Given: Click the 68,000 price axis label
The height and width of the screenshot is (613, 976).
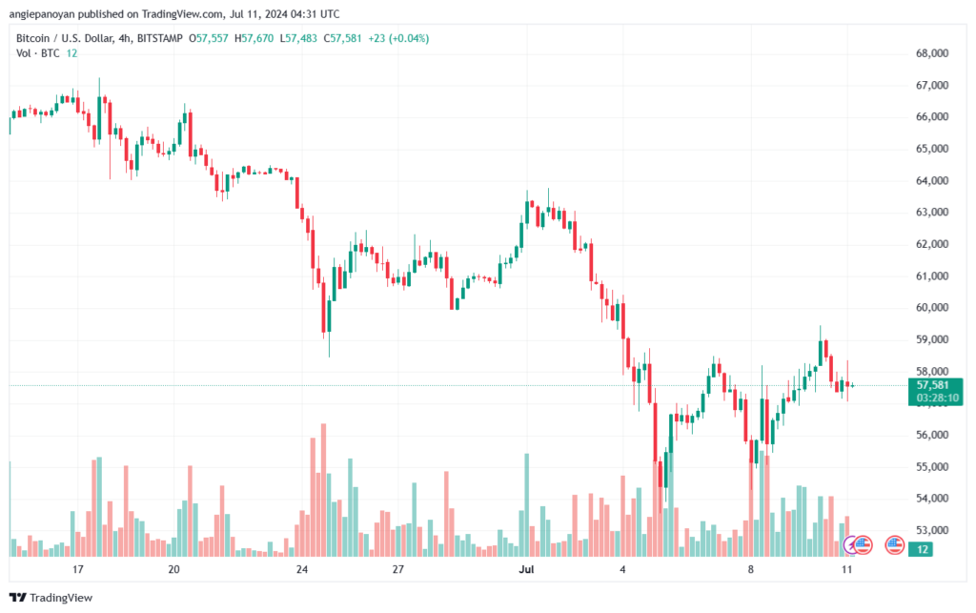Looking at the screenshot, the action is click(932, 53).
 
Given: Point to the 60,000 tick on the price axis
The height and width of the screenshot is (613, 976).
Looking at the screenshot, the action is click(932, 307).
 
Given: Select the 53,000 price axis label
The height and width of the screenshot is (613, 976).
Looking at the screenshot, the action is click(932, 530).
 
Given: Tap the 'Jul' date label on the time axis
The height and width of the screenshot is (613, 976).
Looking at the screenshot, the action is click(526, 569).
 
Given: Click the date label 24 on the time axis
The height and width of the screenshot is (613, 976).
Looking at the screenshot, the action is click(302, 569).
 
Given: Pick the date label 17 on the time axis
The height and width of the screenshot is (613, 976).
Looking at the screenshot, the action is click(78, 569).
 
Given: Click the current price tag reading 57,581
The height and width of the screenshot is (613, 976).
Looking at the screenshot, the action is click(932, 385).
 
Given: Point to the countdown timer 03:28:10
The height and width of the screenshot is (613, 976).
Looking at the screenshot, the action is click(938, 398).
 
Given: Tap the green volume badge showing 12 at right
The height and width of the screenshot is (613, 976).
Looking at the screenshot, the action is click(922, 549).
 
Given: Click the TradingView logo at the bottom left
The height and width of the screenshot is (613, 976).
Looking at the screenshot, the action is click(51, 598).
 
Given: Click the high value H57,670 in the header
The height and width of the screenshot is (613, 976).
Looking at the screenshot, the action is click(254, 38).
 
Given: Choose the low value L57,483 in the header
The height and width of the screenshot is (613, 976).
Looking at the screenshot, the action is click(298, 38).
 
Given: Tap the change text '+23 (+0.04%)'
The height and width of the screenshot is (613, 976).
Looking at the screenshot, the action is click(398, 38).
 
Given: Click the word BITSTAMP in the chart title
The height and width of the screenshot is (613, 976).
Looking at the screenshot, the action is click(160, 38).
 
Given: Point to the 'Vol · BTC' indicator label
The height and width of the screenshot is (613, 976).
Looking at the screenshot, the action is click(38, 53).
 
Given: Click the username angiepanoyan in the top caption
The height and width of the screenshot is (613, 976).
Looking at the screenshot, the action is click(42, 13).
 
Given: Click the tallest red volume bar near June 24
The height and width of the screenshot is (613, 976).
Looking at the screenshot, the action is click(324, 490).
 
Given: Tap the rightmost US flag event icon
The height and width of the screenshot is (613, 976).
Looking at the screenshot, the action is click(894, 545).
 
